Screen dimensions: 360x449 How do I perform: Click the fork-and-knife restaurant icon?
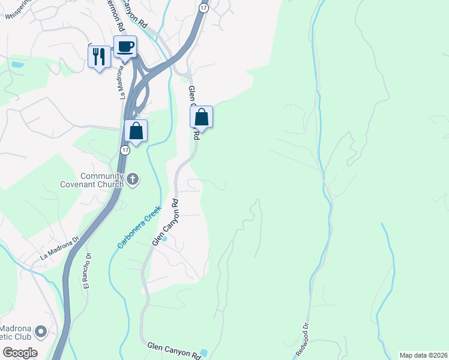(x=99, y=56)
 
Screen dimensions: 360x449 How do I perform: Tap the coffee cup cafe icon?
(x=125, y=47)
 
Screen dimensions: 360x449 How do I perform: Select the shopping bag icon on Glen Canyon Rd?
(x=202, y=117)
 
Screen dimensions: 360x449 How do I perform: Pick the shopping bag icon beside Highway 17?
(x=136, y=130)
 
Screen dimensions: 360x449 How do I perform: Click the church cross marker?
(x=133, y=179)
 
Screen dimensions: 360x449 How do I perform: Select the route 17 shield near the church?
(x=124, y=149)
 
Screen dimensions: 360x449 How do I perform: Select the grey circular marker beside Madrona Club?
(x=41, y=331)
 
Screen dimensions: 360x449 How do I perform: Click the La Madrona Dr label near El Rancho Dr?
(x=59, y=247)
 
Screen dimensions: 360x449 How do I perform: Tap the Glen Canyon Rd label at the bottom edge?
(x=173, y=350)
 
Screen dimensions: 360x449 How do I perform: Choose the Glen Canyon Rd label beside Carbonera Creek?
(x=166, y=222)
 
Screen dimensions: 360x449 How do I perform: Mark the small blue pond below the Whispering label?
(x=17, y=64)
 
